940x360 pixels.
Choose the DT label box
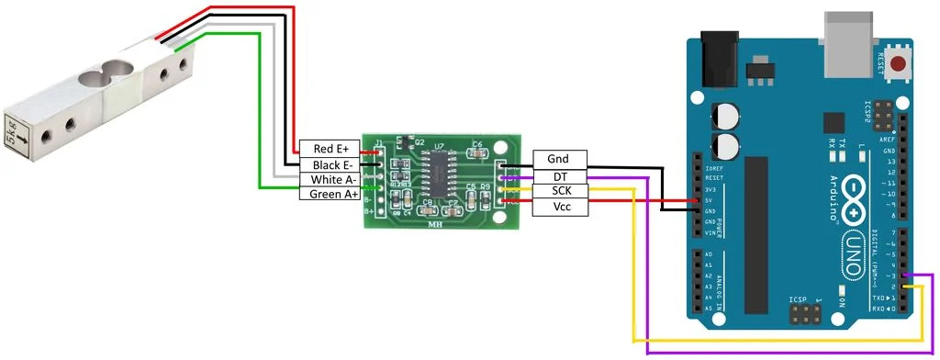[x=556, y=175]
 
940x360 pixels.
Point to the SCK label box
[x=556, y=191]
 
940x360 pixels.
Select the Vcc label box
[x=556, y=207]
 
